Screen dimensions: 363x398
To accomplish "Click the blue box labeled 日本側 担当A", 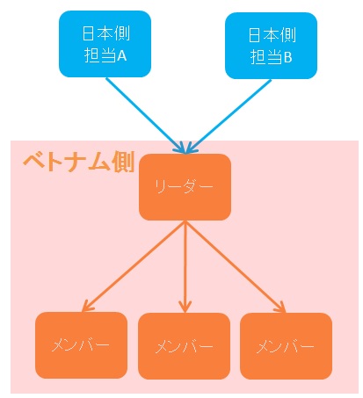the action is tap(105, 44).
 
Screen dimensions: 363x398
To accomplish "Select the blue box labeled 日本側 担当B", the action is tap(271, 46).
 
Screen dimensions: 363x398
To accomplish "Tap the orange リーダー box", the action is tap(185, 187).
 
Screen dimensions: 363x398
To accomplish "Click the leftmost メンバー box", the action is tap(82, 345).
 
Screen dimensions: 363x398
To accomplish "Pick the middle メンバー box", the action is tap(185, 346).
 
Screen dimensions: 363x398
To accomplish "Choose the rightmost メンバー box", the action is tap(287, 346).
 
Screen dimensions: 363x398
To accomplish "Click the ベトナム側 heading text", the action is tap(79, 162).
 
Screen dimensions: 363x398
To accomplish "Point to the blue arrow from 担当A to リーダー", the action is tap(145, 115).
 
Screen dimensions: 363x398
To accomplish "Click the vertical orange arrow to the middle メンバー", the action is tap(185, 267).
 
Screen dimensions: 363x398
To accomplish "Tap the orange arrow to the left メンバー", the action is tap(134, 266).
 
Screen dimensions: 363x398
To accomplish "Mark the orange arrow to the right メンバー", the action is tap(236, 267).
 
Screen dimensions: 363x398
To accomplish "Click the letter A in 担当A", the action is tap(121, 55).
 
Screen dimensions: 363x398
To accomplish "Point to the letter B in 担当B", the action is tap(287, 57).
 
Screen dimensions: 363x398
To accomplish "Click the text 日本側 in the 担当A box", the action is tap(106, 33).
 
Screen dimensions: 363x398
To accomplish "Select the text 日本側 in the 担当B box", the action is tap(272, 35).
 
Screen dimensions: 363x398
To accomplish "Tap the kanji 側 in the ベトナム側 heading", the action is tap(123, 162).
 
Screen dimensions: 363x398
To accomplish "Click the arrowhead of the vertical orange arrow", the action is tap(185, 307).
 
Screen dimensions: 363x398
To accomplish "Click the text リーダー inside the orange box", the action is tap(184, 187).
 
